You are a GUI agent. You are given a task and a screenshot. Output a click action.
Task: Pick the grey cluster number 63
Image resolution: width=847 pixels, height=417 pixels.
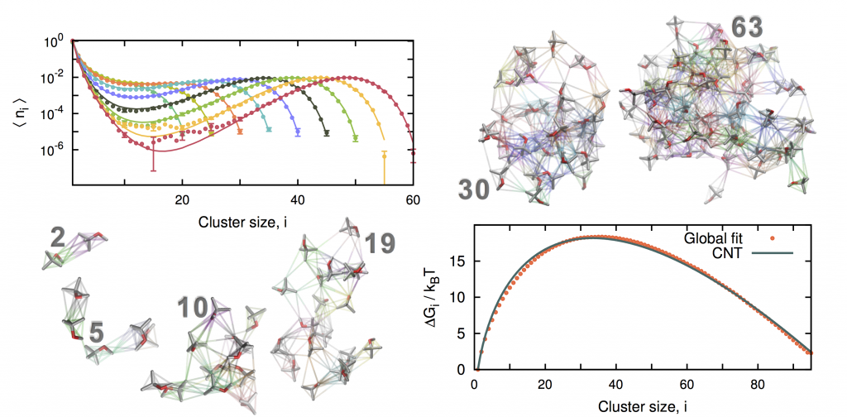point(746,26)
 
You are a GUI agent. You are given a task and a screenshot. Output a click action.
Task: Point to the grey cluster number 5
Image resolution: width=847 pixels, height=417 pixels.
point(96,333)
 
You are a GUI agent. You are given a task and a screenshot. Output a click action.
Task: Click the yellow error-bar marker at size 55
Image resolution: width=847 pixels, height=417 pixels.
point(384,154)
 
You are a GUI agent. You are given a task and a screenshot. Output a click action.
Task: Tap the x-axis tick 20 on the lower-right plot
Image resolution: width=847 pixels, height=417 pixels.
point(544,385)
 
